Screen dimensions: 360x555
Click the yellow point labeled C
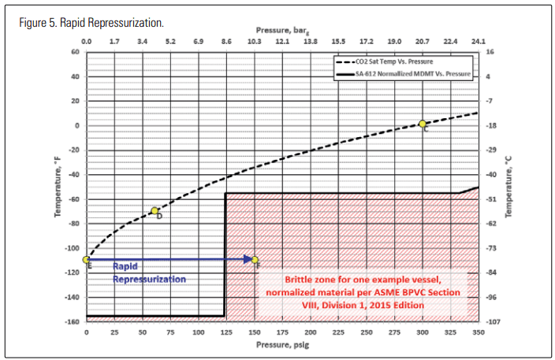tap(423, 124)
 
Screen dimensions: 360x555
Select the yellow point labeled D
tap(155, 210)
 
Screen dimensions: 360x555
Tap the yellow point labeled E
tap(86, 259)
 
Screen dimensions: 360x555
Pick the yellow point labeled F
tap(255, 259)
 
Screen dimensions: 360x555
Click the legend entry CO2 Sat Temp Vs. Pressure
tap(401, 60)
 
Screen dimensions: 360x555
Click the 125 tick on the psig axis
tap(226, 332)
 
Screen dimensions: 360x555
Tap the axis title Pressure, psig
tap(281, 344)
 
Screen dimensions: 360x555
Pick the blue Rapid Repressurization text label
tap(149, 273)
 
